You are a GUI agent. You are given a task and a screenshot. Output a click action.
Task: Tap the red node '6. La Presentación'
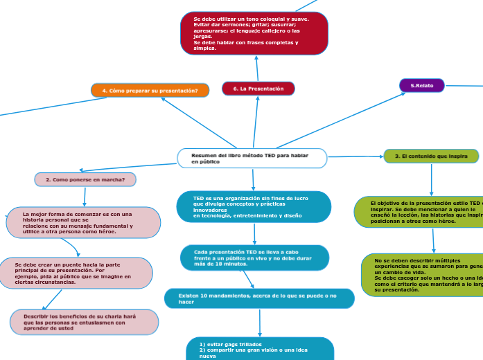(x=258, y=89)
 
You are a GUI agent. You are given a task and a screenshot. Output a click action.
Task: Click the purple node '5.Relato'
(x=422, y=85)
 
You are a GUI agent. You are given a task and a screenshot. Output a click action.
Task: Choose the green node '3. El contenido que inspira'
(x=430, y=157)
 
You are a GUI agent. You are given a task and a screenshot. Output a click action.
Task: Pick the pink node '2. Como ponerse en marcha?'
(x=85, y=179)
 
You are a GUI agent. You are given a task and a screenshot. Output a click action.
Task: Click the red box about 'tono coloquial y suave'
(x=254, y=33)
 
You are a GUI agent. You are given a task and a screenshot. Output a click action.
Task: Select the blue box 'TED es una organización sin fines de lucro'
(x=253, y=207)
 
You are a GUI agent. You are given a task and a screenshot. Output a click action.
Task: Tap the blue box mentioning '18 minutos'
(x=254, y=258)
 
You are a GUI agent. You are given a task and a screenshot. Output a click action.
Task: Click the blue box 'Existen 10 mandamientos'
(x=259, y=298)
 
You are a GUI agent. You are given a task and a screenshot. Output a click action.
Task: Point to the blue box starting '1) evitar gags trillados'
(x=260, y=349)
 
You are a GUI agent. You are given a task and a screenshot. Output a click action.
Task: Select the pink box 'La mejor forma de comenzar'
(x=83, y=223)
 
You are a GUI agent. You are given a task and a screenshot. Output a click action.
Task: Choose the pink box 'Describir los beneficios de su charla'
(x=84, y=322)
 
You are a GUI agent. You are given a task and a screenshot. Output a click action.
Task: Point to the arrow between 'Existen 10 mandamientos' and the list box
(x=259, y=323)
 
